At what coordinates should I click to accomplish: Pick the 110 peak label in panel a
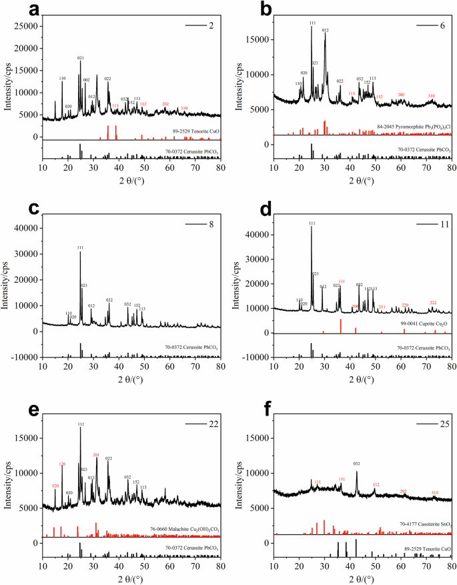62,79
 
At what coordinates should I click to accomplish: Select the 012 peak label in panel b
326,30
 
